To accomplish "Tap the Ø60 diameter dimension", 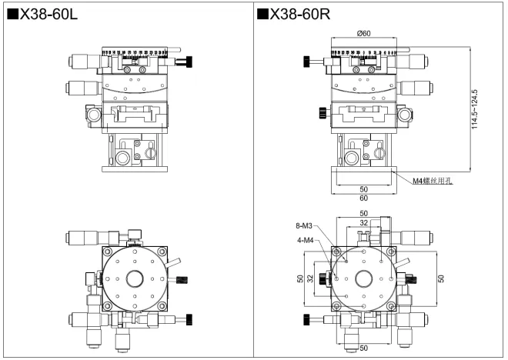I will [x=363, y=32].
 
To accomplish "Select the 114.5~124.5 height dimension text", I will [x=475, y=108].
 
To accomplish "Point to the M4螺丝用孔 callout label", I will [x=434, y=181].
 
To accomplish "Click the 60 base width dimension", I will [x=363, y=198].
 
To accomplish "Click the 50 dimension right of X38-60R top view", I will [x=442, y=278].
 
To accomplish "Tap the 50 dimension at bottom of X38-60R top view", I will [x=363, y=348].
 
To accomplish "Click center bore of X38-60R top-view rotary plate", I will [x=363, y=278].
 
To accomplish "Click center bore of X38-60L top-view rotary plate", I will [x=135, y=278].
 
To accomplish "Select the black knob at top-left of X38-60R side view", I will [x=307, y=61].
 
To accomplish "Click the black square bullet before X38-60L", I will [x=12, y=14].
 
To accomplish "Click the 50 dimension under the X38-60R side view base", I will [x=363, y=188].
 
